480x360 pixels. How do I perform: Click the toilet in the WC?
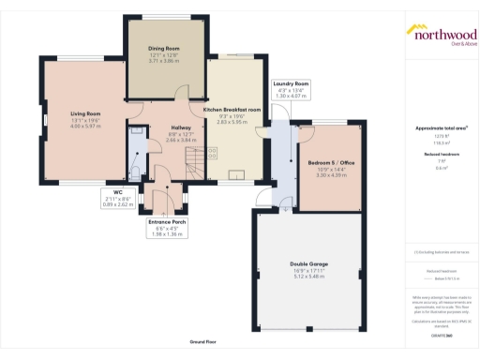(134, 171)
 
